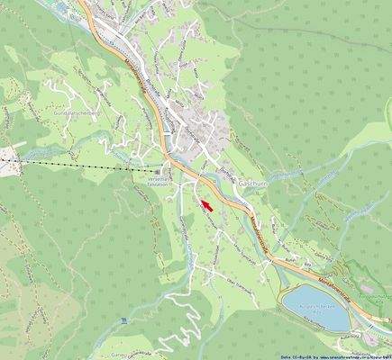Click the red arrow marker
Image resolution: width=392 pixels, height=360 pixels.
(206, 205)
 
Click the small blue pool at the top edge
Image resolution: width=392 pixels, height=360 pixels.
(63, 5)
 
